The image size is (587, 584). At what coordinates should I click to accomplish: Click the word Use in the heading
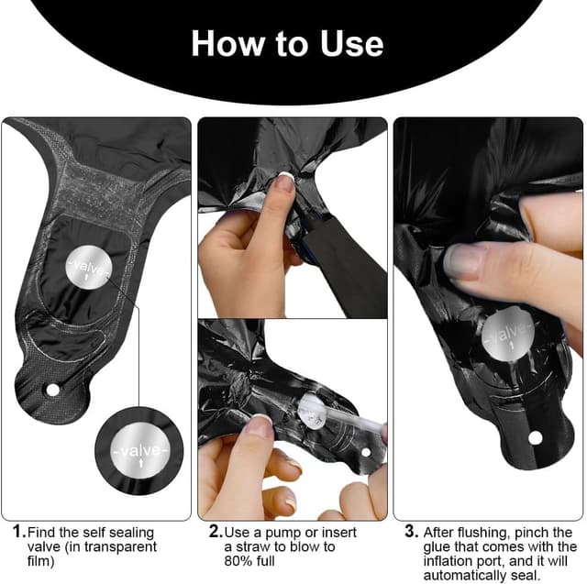[x=351, y=44]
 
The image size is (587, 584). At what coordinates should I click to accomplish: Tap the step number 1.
[x=19, y=531]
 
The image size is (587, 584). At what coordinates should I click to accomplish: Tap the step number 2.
[x=216, y=531]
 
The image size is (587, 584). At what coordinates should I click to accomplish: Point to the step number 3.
[x=411, y=531]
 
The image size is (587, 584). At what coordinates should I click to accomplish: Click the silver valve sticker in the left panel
[x=89, y=268]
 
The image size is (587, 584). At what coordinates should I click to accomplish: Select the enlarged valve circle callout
[x=138, y=450]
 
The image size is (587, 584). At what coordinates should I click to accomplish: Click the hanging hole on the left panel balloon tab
[x=52, y=391]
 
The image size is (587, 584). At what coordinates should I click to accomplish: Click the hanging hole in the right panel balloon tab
[x=535, y=437]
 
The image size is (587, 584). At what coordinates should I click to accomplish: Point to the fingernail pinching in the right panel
[x=461, y=260]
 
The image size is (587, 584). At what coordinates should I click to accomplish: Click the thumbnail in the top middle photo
[x=284, y=182]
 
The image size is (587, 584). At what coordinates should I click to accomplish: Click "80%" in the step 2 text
[x=238, y=561]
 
